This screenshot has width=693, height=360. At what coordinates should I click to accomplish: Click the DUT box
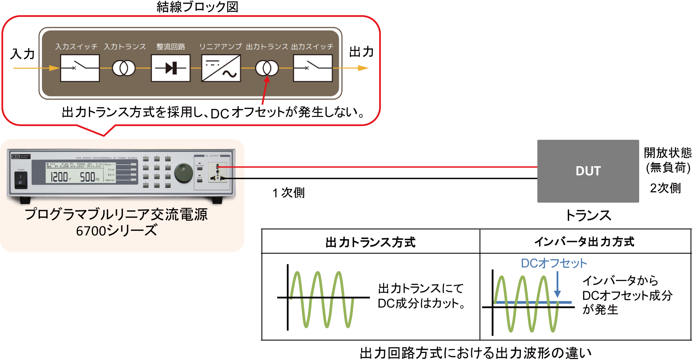coord(590,172)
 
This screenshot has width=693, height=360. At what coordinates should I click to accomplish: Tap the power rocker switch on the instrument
coord(21,180)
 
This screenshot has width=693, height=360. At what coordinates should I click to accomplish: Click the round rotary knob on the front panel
coord(183,173)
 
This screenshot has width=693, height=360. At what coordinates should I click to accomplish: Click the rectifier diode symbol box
coord(171,68)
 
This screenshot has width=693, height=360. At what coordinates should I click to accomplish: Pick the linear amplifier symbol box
coord(221,68)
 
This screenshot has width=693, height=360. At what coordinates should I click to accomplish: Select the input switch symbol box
coord(80,68)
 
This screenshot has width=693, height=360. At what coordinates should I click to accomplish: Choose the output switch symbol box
coord(313,68)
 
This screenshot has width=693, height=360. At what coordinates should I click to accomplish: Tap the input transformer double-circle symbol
coord(124,68)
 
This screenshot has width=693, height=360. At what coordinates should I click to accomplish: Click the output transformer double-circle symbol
coord(267,68)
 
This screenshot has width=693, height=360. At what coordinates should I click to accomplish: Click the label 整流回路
coord(171,47)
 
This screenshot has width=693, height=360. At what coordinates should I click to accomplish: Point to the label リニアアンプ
coord(220,47)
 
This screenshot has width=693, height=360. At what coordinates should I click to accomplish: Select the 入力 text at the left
coord(22,54)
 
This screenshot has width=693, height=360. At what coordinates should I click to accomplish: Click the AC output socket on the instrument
coord(218,172)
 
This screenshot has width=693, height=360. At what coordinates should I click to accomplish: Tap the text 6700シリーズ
coord(117,230)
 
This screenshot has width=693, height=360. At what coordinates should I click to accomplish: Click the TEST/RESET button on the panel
coord(200,168)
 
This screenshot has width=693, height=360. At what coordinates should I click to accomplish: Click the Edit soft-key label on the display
coord(111,175)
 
